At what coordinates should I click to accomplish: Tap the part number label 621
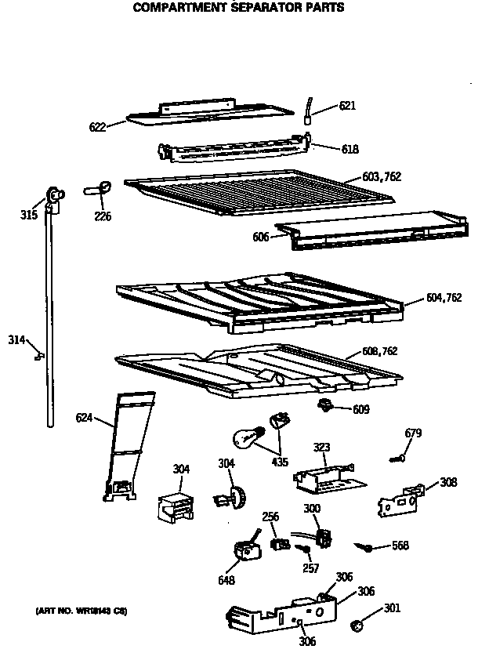click(347, 106)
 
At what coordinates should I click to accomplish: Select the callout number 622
click(97, 126)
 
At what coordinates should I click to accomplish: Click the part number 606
click(261, 236)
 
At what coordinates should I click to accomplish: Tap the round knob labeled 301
click(357, 625)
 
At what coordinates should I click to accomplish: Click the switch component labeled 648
click(245, 554)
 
